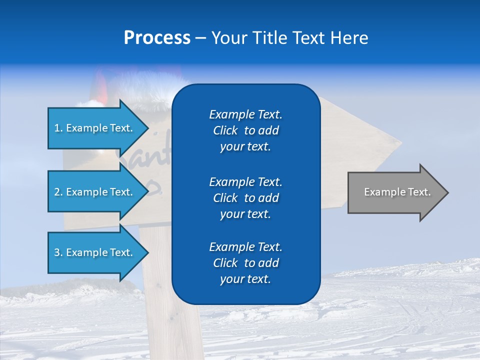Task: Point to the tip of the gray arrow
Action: click(447, 192)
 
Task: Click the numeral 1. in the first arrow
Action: click(58, 128)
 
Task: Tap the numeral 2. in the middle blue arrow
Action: click(58, 192)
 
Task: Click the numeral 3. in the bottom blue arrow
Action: click(58, 253)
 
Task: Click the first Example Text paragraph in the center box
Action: click(245, 130)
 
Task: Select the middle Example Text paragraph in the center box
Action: click(245, 197)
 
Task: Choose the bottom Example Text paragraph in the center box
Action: click(245, 263)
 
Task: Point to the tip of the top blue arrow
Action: click(148, 128)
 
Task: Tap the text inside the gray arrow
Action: click(397, 192)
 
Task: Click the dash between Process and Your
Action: click(200, 38)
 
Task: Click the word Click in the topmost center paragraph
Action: click(225, 130)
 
